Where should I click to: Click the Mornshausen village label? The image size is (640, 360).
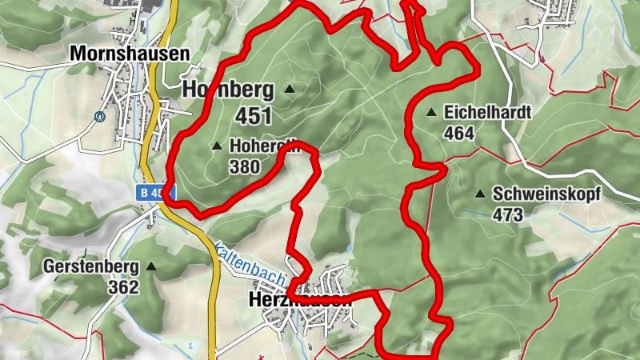point(130,54)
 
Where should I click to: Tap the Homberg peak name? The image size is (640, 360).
point(228,90)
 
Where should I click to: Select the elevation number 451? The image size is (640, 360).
point(254,116)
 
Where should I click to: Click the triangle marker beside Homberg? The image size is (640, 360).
point(289,89)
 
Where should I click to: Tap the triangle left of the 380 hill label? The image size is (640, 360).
point(216,146)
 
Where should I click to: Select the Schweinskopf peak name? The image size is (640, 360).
point(546,194)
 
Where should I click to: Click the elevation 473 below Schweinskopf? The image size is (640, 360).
point(508,214)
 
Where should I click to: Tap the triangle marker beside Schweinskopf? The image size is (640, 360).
point(480,194)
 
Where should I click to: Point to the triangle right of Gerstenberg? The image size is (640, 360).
point(150,266)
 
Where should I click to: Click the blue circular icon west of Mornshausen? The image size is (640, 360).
point(100,115)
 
